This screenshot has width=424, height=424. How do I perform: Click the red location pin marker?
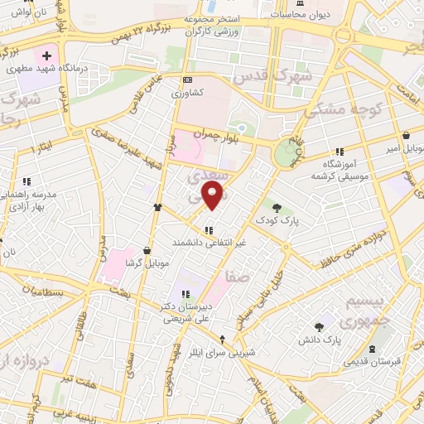(x=214, y=196)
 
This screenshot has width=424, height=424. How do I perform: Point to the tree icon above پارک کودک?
(x=277, y=207)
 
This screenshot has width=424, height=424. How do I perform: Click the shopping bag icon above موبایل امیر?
(x=406, y=136)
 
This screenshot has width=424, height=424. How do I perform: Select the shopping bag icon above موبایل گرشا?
(x=147, y=250)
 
